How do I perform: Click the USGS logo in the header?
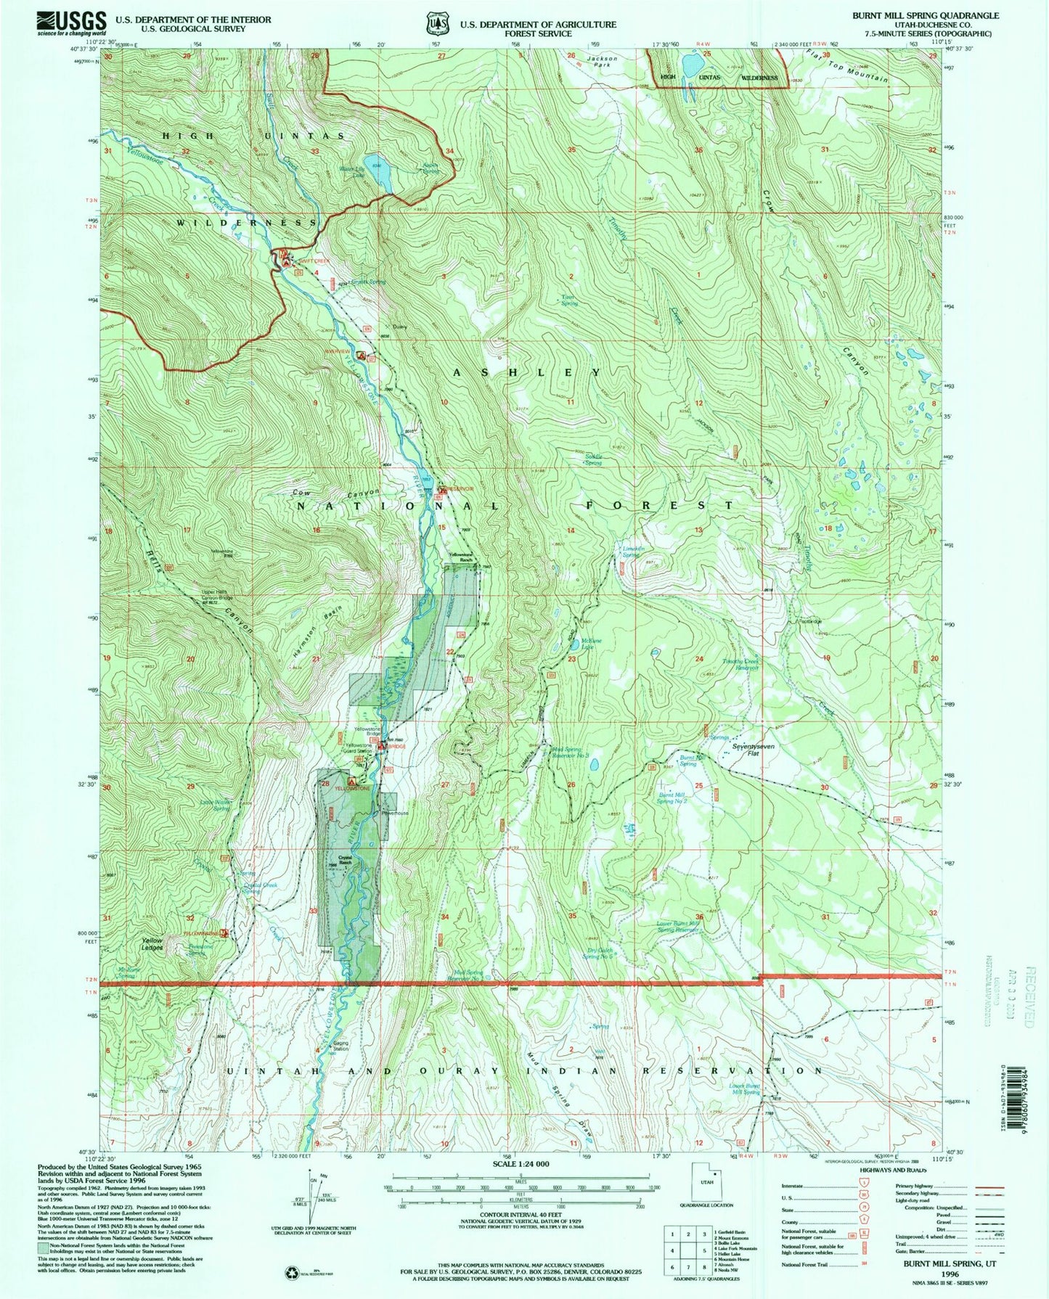coord(72,23)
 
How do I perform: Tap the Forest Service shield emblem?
coord(433,24)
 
